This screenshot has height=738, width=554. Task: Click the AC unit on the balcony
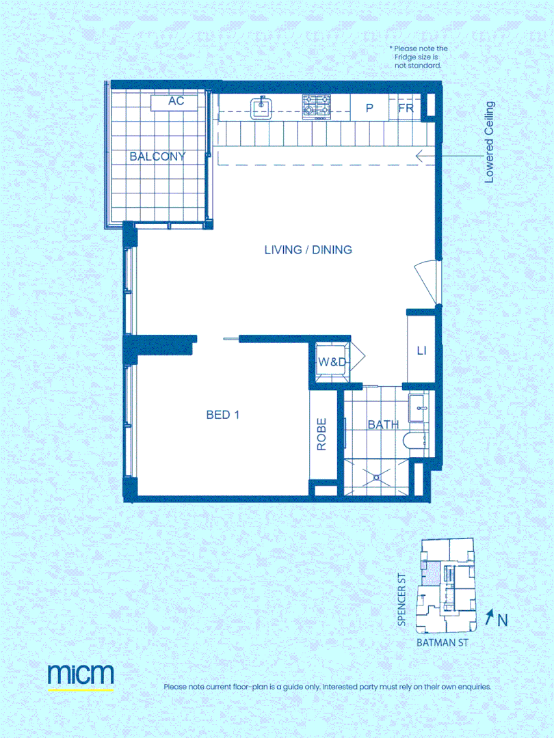tap(176, 101)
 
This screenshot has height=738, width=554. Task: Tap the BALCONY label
tap(157, 156)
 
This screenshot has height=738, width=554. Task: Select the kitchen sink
tap(261, 107)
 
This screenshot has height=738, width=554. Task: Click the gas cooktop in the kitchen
tap(317, 107)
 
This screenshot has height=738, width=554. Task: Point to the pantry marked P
tap(369, 108)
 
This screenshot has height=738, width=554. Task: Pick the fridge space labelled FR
tap(406, 108)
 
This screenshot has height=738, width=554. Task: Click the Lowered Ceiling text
tap(489, 142)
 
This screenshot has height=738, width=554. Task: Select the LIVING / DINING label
tap(308, 249)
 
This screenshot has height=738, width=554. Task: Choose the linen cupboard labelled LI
tap(421, 351)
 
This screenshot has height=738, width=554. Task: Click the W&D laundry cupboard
tap(332, 362)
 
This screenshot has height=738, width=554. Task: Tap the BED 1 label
tap(222, 414)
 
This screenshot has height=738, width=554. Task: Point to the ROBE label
tap(321, 434)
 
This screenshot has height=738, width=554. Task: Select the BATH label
tap(383, 425)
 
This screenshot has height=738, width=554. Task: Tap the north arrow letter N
tap(502, 620)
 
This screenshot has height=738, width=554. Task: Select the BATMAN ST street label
tap(443, 643)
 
